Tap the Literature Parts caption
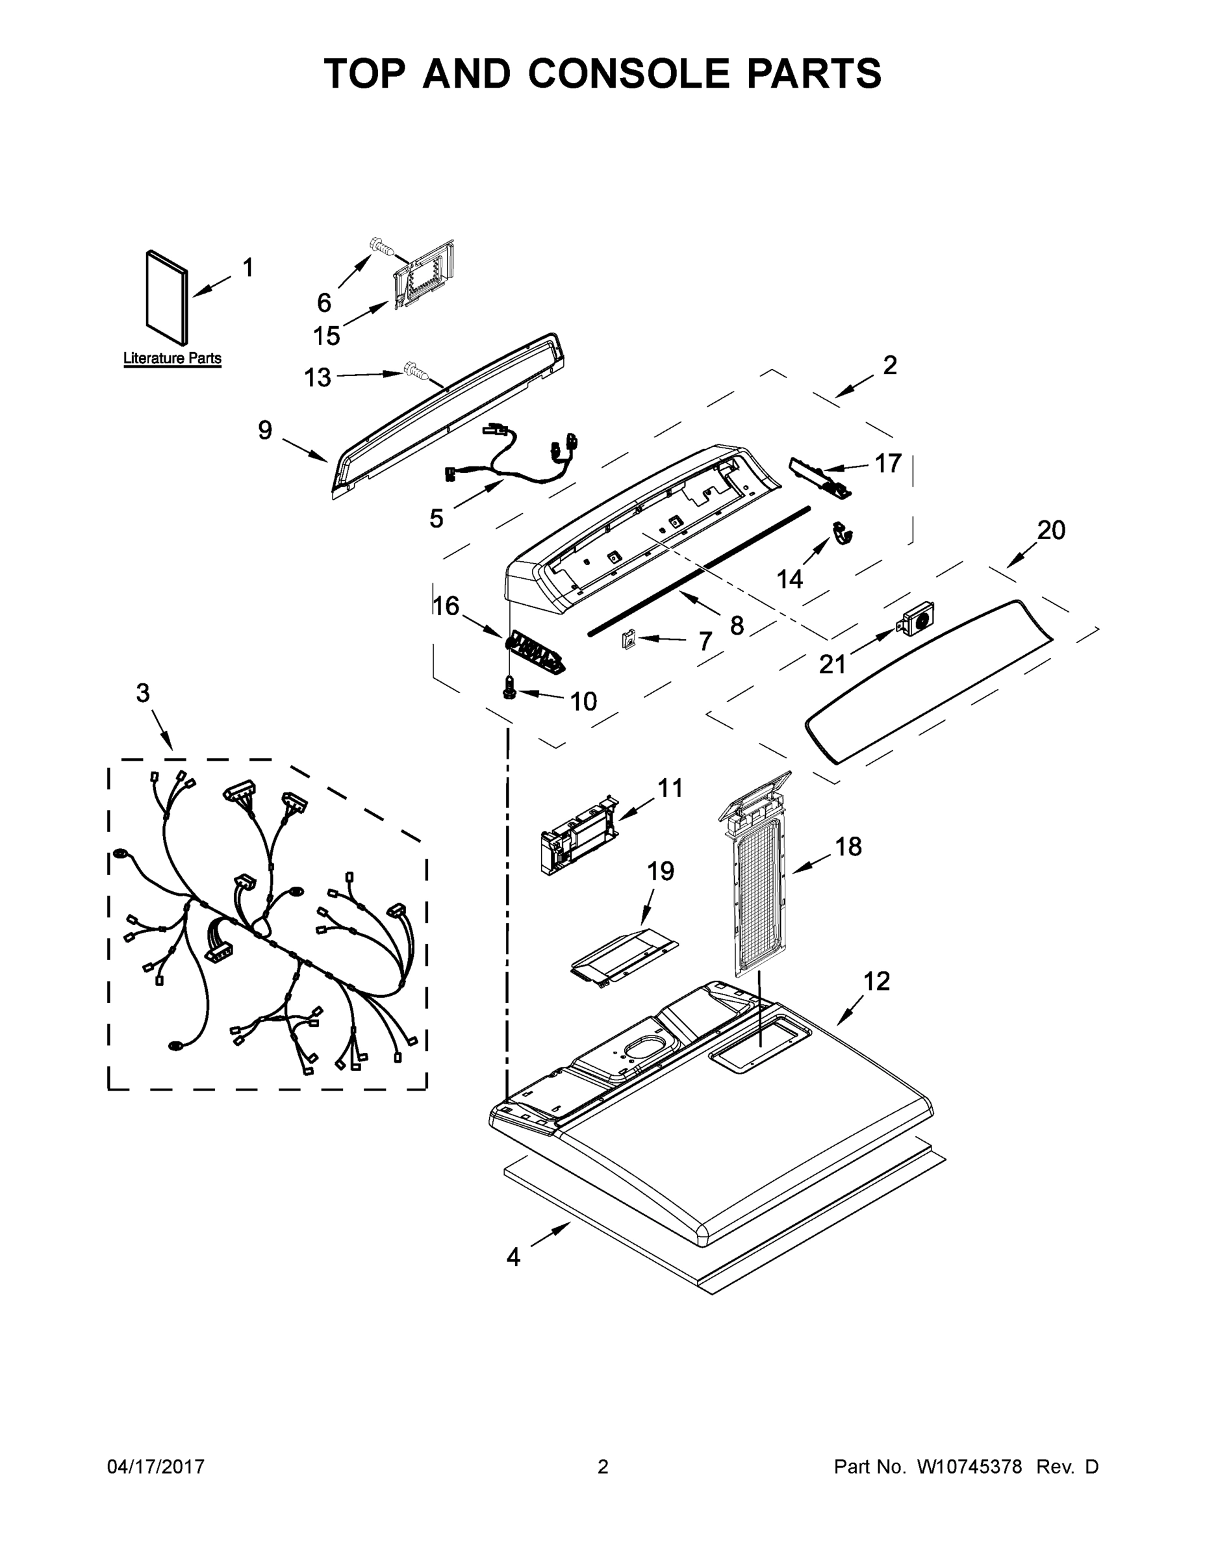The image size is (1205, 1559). pyautogui.click(x=172, y=359)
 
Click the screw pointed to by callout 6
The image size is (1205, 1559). pyautogui.click(x=383, y=247)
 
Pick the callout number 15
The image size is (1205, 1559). pyautogui.click(x=326, y=335)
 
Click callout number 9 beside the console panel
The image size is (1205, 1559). pyautogui.click(x=265, y=430)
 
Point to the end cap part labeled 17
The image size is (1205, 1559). pyautogui.click(x=821, y=477)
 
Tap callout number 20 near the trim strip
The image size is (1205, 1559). pyautogui.click(x=1051, y=529)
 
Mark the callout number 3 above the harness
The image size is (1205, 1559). pyautogui.click(x=143, y=692)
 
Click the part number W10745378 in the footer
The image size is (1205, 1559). pyautogui.click(x=969, y=1466)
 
